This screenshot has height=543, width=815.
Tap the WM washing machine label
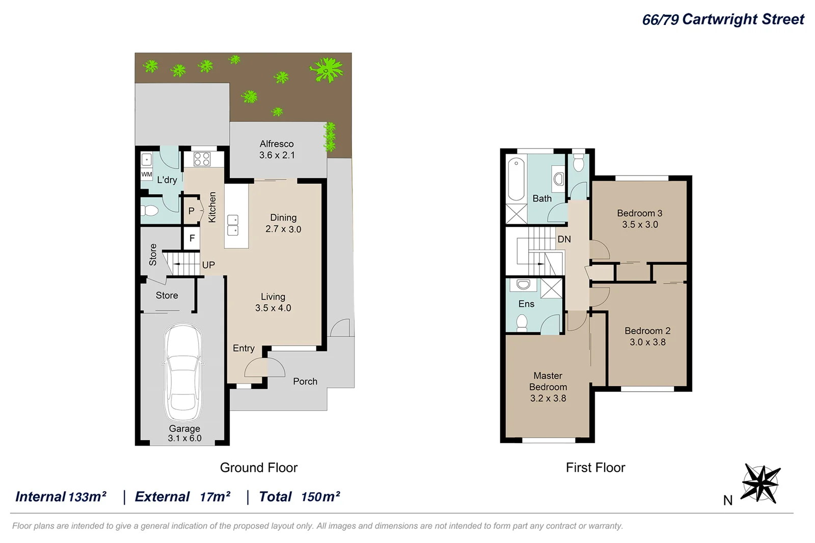[147, 174]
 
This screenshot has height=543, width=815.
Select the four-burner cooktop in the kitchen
[202, 159]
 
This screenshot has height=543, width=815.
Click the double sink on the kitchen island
[233, 225]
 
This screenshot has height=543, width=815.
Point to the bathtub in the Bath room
[516, 180]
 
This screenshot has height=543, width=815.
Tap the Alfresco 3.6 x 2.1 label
[277, 150]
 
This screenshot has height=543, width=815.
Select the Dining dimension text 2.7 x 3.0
[283, 229]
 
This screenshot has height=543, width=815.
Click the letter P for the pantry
[192, 211]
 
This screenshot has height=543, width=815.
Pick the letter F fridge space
[192, 238]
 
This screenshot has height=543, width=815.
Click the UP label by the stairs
[208, 265]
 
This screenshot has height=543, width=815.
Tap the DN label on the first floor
[564, 239]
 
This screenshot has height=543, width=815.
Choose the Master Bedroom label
[548, 381]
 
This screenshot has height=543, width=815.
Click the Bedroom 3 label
[639, 213]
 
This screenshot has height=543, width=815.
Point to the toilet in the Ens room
[522, 323]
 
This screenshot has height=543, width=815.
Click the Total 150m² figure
[300, 497]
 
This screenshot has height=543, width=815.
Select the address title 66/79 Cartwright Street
[723, 19]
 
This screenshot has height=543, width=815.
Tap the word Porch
[305, 381]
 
